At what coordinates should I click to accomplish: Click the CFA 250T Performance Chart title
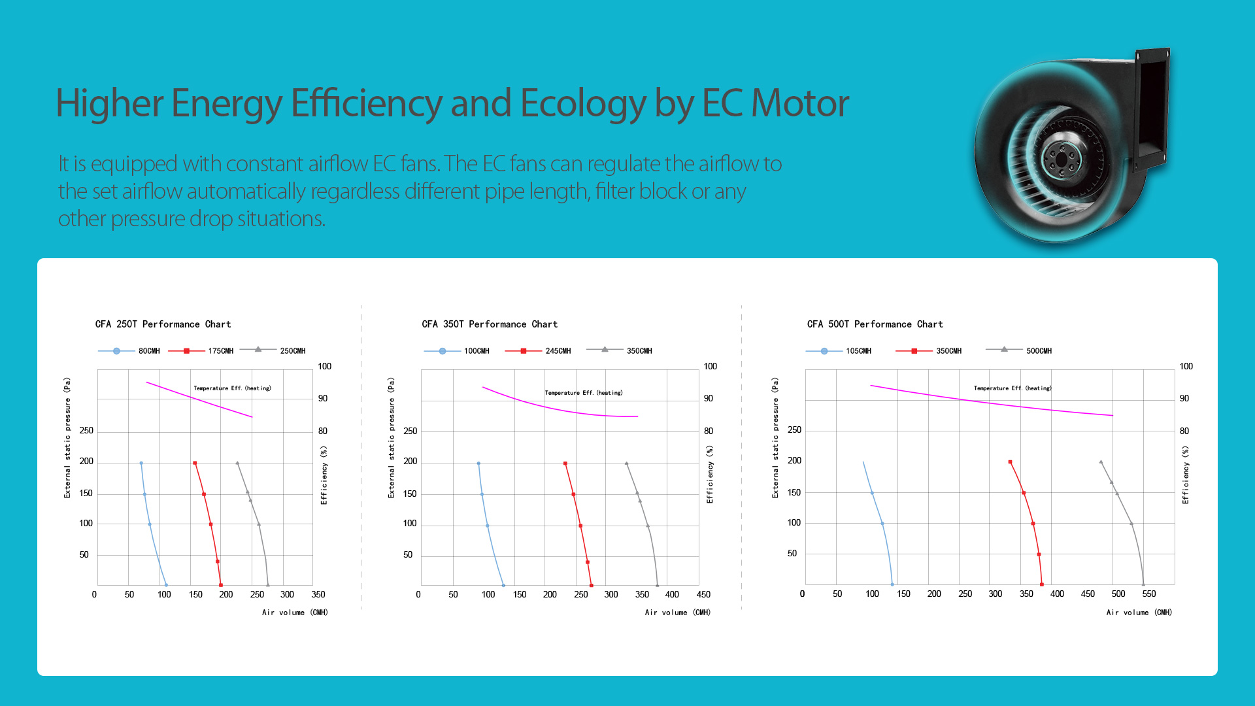coord(163,324)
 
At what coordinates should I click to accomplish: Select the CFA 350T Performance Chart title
coord(490,324)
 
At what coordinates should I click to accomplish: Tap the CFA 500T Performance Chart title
coord(875,324)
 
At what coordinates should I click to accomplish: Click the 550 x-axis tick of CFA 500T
coord(1148,594)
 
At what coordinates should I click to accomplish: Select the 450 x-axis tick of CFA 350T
coord(703,595)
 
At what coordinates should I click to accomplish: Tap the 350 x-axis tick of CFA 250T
coord(318,595)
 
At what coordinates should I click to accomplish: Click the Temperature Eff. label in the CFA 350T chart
coord(584,393)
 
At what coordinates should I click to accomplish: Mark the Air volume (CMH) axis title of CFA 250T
coord(295,613)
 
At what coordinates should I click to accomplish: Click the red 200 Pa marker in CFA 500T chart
coord(1010,462)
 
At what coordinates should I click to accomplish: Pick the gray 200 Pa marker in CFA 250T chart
coord(237,463)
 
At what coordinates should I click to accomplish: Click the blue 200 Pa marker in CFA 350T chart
coord(478,463)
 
